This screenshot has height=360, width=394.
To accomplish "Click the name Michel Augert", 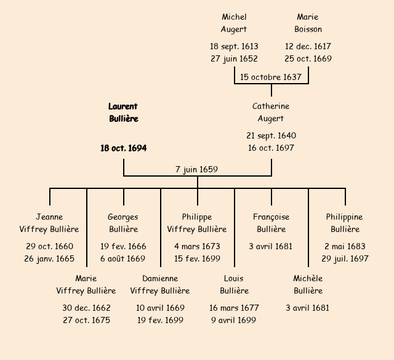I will tap(234, 23).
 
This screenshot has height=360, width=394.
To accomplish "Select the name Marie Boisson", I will tap(308, 23).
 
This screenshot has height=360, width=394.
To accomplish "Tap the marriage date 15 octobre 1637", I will tap(271, 77).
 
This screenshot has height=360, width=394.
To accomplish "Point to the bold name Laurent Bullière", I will tap(123, 113).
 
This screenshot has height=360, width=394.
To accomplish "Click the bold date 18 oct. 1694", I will tap(123, 148).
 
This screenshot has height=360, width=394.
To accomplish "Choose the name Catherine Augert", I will tap(271, 113).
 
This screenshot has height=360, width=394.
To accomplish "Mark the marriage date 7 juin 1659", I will tap(197, 169).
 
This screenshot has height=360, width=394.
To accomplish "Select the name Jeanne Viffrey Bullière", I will tap(49, 223).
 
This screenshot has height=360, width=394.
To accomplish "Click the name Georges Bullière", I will tap(123, 223).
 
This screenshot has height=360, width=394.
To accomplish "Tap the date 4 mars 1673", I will tap(197, 246).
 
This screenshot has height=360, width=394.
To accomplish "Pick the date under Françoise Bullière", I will tap(271, 246).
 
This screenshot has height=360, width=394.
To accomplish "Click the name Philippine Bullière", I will tap(345, 223).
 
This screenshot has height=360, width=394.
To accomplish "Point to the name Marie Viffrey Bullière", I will tap(86, 285).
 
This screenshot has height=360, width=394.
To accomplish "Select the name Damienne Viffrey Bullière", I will tap(160, 285).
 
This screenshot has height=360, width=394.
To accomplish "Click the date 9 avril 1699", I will tap(234, 320).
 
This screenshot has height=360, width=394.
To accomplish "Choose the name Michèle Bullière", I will tap(308, 285).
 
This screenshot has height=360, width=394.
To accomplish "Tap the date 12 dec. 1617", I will tap(308, 46).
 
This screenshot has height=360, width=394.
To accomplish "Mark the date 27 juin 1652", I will tap(234, 58).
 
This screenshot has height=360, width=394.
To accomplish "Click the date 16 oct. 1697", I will tap(271, 148).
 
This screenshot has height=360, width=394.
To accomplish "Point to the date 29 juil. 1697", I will tap(345, 258).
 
